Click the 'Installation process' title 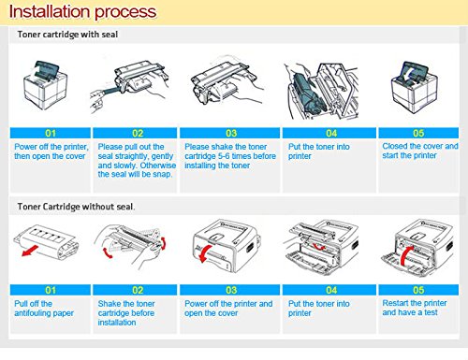tap(82, 12)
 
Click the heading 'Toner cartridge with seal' tap(67, 35)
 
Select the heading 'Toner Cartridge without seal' tap(75, 207)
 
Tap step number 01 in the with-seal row tap(51, 133)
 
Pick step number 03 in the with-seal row tap(231, 133)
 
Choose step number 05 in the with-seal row tap(418, 133)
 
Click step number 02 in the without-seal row tap(138, 290)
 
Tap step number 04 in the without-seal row tap(331, 290)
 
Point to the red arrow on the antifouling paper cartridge tap(30, 251)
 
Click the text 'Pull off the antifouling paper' tap(44, 309)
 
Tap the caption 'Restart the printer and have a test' tap(415, 308)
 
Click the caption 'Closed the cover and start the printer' tap(420, 151)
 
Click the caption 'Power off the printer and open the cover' tap(228, 309)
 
